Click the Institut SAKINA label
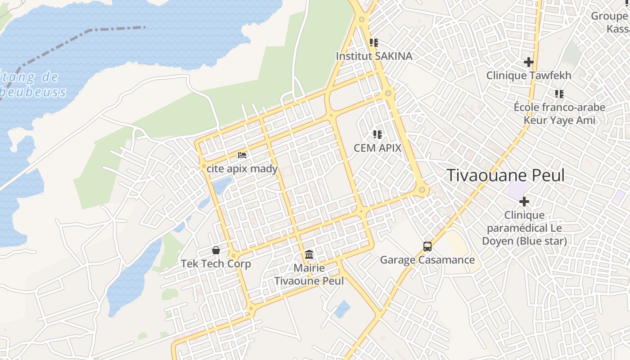coord(374,56)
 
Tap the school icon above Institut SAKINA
coord(374,43)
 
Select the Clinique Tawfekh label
coord(529,75)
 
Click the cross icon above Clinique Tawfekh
coord(529,62)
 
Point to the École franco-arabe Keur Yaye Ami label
coord(559,114)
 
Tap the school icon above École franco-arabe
coord(559,94)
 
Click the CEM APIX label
coord(377,148)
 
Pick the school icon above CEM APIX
coord(377,134)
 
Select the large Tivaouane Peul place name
coord(505,175)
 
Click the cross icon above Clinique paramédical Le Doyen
coord(524,202)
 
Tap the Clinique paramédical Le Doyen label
coord(524,228)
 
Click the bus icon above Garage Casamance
coord(427,247)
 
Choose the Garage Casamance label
coord(427,260)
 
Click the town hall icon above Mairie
coord(309,255)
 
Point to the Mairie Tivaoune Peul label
coord(309,274)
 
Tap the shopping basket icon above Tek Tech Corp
coord(216,250)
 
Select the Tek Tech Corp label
coord(216,264)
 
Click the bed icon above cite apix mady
coord(242,155)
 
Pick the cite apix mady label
coord(242,169)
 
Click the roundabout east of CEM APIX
coord(422,190)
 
